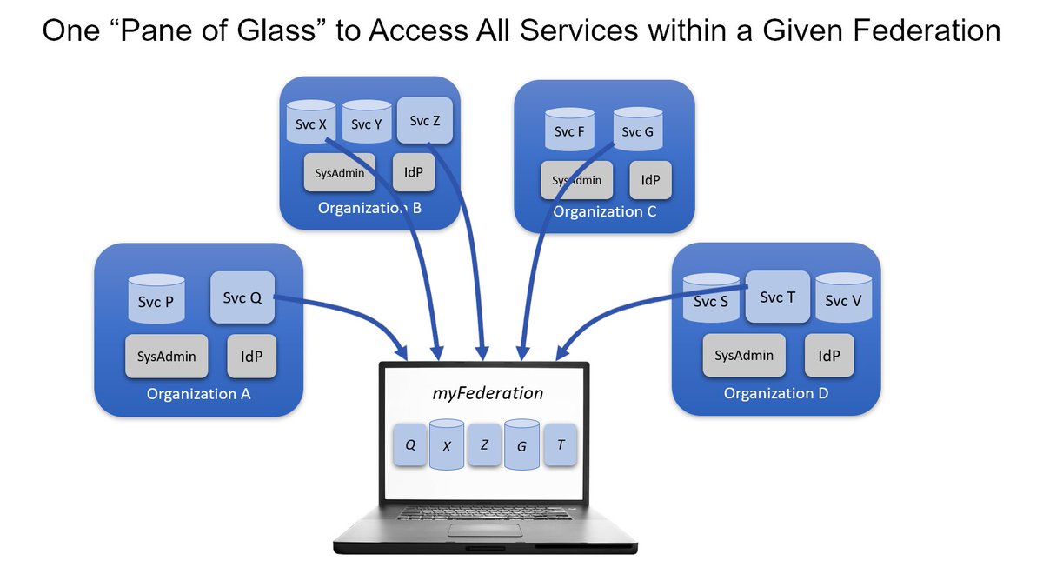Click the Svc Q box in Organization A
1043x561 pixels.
pyautogui.click(x=242, y=297)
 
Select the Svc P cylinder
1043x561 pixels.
pyautogui.click(x=156, y=298)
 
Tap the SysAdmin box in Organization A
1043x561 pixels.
pyautogui.click(x=166, y=356)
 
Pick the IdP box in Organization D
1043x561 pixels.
pyautogui.click(x=829, y=356)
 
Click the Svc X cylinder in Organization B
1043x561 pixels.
pyautogui.click(x=311, y=122)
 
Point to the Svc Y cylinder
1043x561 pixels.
pyautogui.click(x=367, y=122)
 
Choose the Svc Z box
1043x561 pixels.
pyautogui.click(x=425, y=120)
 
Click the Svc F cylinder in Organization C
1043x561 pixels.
pyautogui.click(x=569, y=130)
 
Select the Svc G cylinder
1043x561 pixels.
pyautogui.click(x=637, y=130)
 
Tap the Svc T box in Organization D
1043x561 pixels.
pyautogui.click(x=777, y=297)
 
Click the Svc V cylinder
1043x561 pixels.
pyautogui.click(x=843, y=297)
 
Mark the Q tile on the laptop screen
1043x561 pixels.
pyautogui.click(x=409, y=444)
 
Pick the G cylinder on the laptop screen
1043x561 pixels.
pyautogui.click(x=521, y=444)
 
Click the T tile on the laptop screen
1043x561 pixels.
pyautogui.click(x=560, y=444)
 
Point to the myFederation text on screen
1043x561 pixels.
pyautogui.click(x=488, y=393)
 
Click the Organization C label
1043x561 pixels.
pyautogui.click(x=604, y=211)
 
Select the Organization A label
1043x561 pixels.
pyautogui.click(x=198, y=394)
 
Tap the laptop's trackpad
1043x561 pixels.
pyautogui.click(x=485, y=531)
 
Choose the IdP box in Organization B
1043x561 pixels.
pyautogui.click(x=414, y=172)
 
